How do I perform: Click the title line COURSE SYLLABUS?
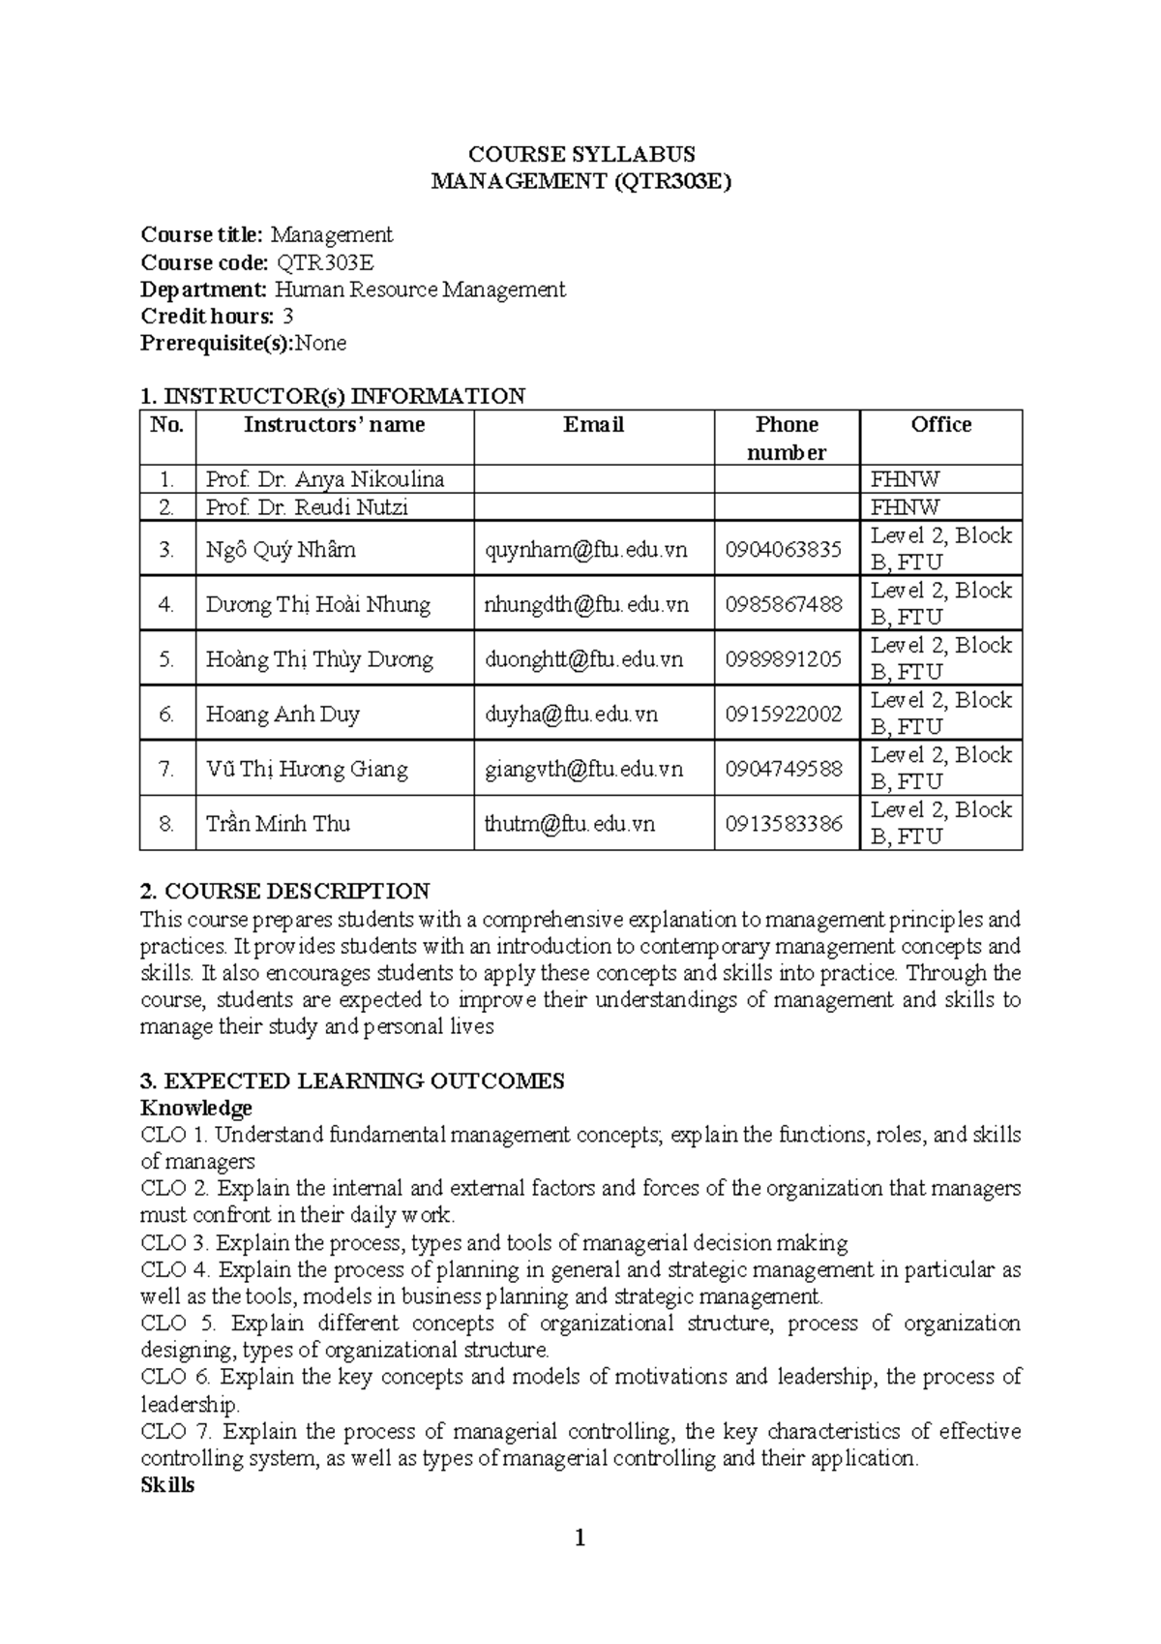point(580,154)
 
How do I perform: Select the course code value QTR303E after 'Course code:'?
point(325,262)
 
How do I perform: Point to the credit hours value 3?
point(287,317)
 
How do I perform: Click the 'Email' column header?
point(593,425)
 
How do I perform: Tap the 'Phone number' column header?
point(787,438)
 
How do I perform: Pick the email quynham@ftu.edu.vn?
point(585,550)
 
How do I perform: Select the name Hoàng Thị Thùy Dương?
point(318,659)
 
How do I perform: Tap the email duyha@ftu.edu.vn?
point(571,715)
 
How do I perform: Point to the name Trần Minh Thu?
point(278,824)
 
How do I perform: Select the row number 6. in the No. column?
point(167,715)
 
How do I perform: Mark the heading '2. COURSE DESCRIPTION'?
point(284,891)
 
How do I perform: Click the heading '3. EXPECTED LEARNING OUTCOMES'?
point(352,1081)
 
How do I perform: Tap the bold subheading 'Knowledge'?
point(196,1108)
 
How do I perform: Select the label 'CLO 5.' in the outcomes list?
point(177,1324)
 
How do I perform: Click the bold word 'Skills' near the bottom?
point(167,1485)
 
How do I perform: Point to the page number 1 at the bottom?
point(580,1538)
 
